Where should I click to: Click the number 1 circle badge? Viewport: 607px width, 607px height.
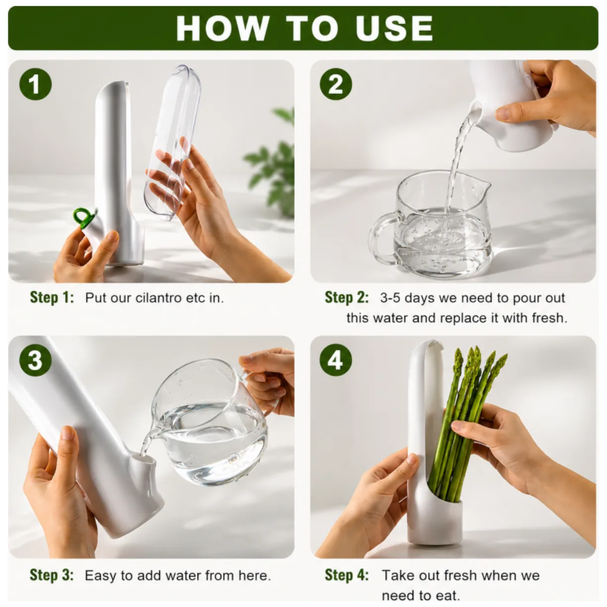pos(35,84)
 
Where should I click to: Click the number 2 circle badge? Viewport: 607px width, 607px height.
pos(336,84)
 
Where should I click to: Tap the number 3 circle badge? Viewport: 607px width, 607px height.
pos(35,360)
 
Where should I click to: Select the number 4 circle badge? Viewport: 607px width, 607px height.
pos(336,360)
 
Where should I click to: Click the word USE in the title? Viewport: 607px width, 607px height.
pos(394,28)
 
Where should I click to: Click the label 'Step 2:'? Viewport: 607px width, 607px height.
pos(347,298)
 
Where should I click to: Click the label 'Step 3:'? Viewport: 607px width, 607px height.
pos(52,575)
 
